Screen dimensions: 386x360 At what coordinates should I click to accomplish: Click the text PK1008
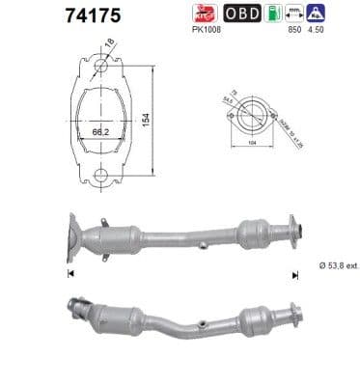[208, 32]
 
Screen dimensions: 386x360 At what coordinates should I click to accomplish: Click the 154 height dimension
[149, 120]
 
